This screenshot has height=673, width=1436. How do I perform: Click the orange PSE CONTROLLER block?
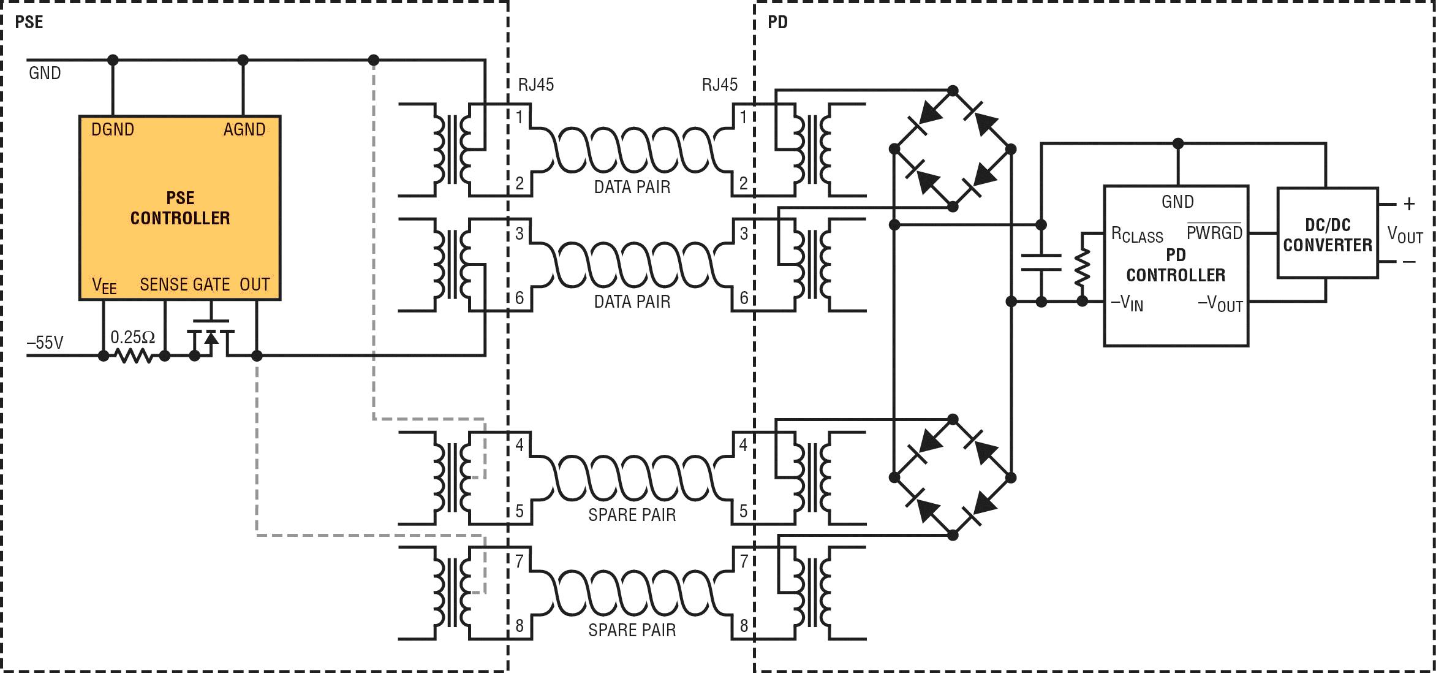[179, 208]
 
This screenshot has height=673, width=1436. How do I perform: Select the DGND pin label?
[112, 129]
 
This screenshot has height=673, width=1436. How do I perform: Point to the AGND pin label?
[244, 129]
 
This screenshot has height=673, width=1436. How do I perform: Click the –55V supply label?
[45, 343]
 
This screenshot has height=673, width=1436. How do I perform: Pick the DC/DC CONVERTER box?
[1327, 234]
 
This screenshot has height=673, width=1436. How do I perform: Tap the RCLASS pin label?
[1136, 235]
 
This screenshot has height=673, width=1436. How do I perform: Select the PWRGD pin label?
[1214, 232]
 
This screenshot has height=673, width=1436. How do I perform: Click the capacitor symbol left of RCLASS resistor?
[1041, 262]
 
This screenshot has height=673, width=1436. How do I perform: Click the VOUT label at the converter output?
[1405, 234]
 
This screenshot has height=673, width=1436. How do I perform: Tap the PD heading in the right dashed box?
[777, 22]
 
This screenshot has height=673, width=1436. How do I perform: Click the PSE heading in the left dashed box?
[29, 22]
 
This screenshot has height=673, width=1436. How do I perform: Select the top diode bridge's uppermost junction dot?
[953, 91]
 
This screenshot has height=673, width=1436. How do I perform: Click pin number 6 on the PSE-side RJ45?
[520, 298]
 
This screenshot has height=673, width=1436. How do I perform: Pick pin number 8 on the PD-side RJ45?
[744, 625]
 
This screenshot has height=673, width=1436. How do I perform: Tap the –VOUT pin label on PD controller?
[1220, 303]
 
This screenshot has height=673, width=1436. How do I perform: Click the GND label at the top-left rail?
[45, 74]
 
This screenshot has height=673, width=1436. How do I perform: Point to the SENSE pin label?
[164, 284]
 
